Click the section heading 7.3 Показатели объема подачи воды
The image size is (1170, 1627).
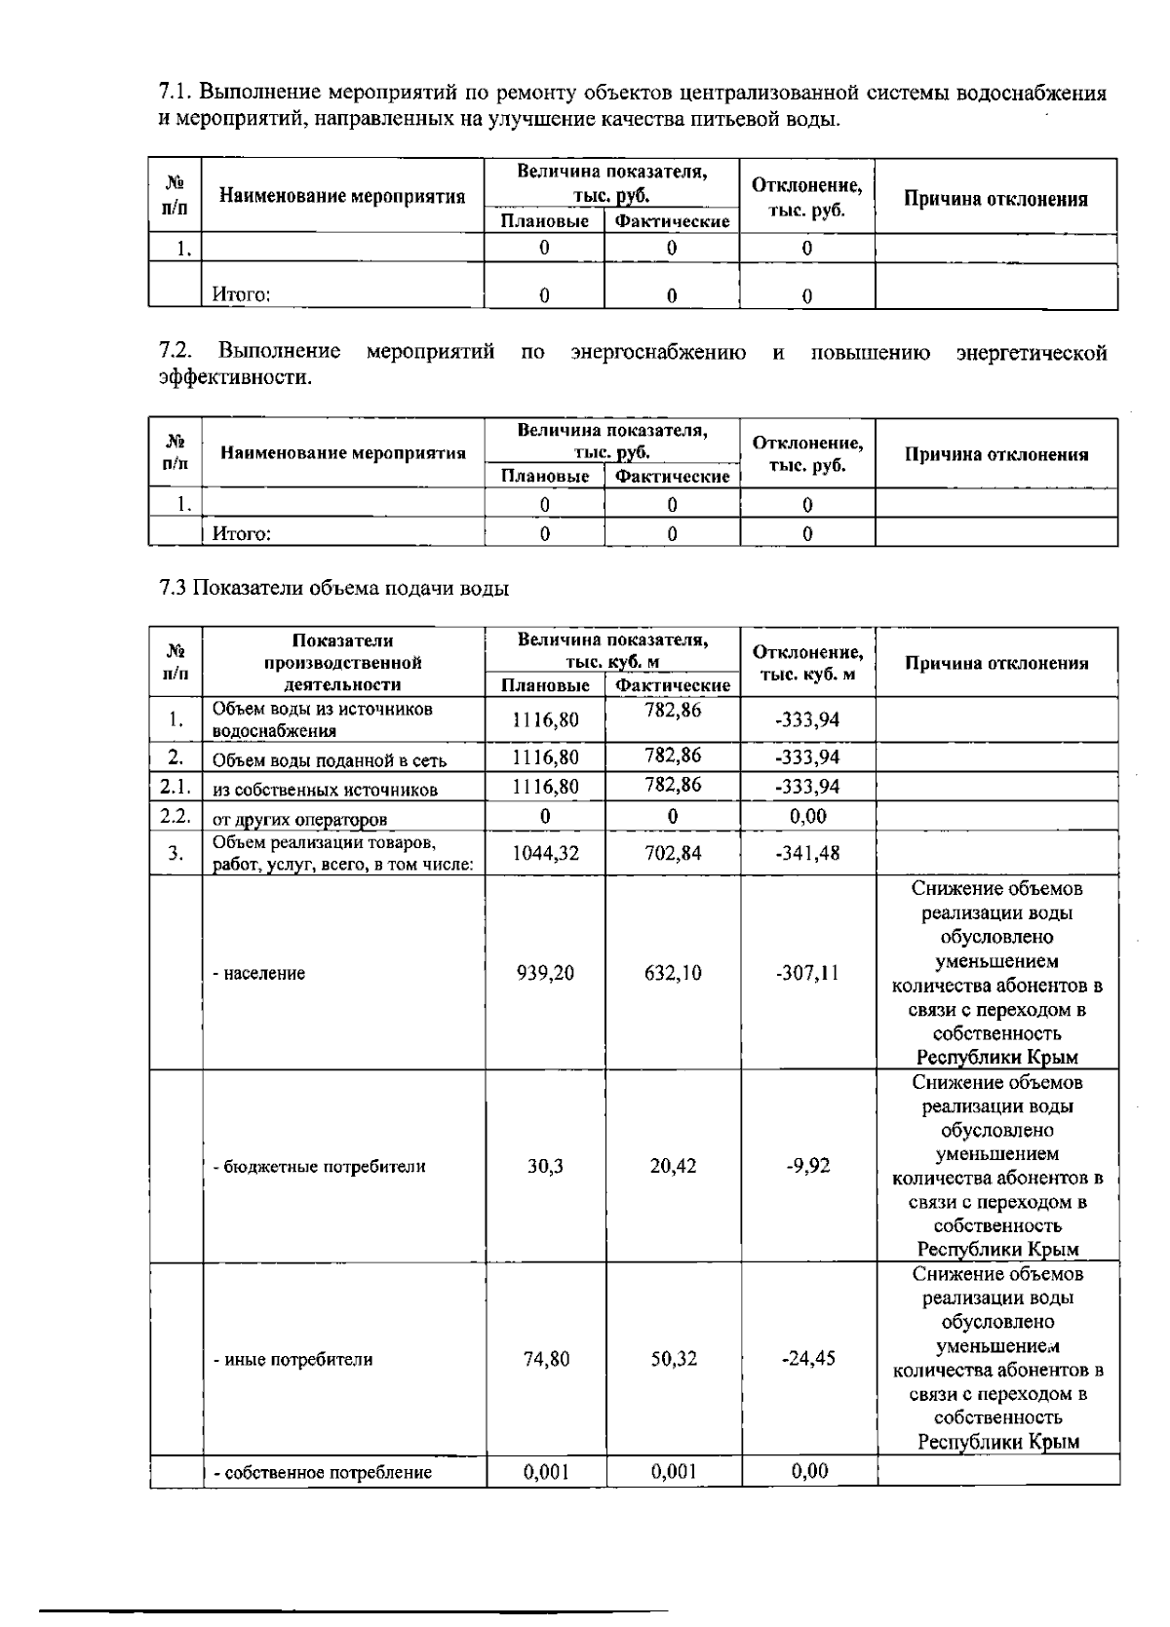[x=333, y=588]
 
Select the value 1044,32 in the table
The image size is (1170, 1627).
[x=545, y=853]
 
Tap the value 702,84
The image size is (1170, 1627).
[x=673, y=853]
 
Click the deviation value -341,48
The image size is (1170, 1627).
[x=807, y=853]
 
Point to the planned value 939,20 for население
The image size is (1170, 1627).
[x=545, y=973]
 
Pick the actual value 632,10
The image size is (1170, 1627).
[x=673, y=973]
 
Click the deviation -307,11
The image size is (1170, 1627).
[x=807, y=973]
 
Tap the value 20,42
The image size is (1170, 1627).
[x=673, y=1166]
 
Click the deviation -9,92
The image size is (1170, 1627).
[x=807, y=1166]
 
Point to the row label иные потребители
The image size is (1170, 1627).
[x=293, y=1359]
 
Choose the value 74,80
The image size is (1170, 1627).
[x=546, y=1359]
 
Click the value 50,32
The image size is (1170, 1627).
[x=674, y=1359]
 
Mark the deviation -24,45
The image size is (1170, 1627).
[x=808, y=1359]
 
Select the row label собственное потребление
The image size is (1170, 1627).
[x=323, y=1472]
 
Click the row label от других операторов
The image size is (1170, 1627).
[x=300, y=819]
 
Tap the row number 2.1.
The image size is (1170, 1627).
[x=175, y=787]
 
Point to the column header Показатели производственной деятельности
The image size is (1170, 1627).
[x=342, y=662]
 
